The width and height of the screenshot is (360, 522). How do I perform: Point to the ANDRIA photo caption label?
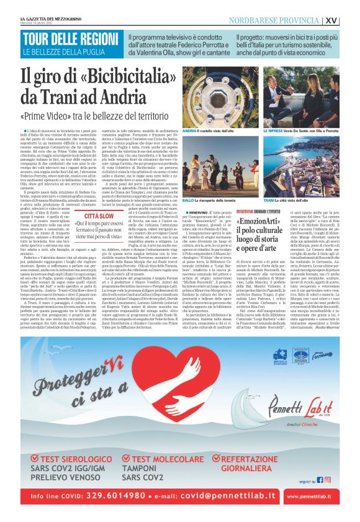pos(209,132)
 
